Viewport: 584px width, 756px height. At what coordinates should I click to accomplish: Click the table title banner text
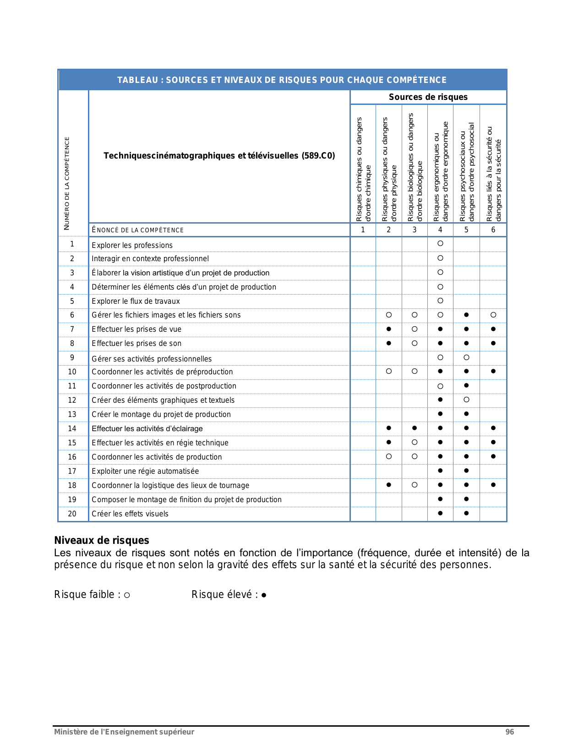click(x=282, y=80)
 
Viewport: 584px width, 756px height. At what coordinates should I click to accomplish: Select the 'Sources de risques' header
click(x=428, y=97)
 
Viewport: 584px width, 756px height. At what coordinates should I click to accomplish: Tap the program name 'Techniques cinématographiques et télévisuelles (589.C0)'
click(x=219, y=156)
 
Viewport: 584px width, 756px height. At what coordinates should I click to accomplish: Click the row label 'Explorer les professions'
click(x=132, y=245)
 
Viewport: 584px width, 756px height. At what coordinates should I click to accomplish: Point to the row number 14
click(x=72, y=428)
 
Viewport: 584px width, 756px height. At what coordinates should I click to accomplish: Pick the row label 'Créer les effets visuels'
click(x=130, y=514)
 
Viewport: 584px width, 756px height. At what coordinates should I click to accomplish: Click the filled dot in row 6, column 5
click(x=466, y=315)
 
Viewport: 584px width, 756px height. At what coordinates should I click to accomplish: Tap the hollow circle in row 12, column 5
click(x=466, y=400)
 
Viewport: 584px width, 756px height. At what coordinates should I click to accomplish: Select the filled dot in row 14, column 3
click(x=415, y=428)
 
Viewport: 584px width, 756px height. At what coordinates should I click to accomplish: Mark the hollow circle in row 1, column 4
click(x=440, y=243)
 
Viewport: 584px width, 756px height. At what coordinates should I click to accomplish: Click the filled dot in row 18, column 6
click(x=493, y=485)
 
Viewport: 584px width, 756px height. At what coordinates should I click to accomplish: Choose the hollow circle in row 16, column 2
click(x=388, y=456)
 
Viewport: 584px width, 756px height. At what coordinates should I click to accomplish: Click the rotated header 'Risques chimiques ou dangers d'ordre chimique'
click(x=363, y=170)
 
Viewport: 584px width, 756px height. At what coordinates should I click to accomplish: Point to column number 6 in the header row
click(x=493, y=230)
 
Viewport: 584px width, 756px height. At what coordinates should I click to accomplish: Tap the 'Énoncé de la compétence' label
click(x=137, y=230)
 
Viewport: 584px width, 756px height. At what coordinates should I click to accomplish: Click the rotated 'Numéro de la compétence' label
click(x=67, y=183)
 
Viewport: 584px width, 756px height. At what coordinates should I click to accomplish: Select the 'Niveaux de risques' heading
click(x=102, y=540)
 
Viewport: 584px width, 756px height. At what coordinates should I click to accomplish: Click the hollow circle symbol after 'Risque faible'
click(x=127, y=595)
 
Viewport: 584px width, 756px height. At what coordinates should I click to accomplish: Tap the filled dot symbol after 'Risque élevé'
click(x=264, y=595)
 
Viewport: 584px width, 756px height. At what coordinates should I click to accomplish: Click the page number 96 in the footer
click(x=509, y=732)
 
